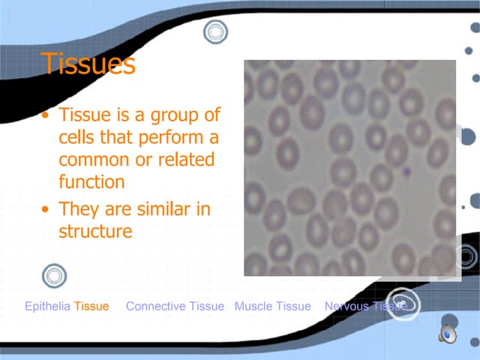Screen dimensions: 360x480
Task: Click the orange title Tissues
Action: point(88,64)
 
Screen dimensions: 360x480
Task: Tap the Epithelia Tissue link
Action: point(67,306)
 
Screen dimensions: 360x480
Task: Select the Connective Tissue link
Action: point(175,306)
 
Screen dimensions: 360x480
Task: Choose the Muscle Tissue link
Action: point(272,306)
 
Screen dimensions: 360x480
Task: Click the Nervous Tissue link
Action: point(365,306)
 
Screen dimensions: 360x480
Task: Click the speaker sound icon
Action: point(448,334)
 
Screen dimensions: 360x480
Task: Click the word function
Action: point(91,181)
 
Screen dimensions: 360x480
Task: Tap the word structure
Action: point(95,232)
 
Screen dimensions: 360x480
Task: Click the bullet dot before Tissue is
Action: point(47,117)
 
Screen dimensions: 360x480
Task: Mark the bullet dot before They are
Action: point(47,210)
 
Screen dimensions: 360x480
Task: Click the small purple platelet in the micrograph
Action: point(406,171)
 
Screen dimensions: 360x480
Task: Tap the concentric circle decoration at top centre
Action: point(215,31)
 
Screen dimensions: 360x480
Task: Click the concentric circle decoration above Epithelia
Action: point(55,275)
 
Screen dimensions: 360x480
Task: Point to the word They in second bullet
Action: point(78,209)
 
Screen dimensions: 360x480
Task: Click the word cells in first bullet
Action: point(77,138)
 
